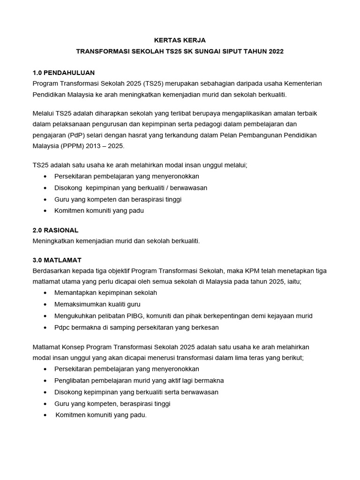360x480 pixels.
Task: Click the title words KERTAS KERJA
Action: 180,40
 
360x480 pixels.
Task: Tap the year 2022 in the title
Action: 276,51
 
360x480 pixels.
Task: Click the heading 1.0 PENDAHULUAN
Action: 64,73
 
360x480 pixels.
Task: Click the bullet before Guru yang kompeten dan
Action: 45,200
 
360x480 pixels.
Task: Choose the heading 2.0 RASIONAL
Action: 55,231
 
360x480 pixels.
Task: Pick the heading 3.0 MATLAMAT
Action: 57,260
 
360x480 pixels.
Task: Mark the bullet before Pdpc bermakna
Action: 45,328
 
